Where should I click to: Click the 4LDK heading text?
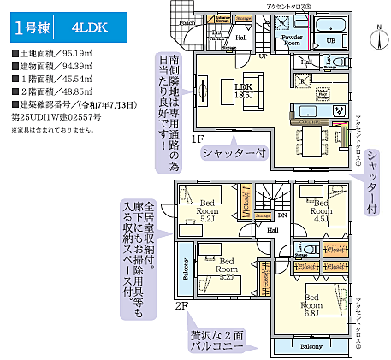point(90,27)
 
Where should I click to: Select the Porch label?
point(188,22)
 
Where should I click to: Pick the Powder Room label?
point(292,39)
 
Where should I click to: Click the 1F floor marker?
point(198,139)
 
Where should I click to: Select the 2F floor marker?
point(181,305)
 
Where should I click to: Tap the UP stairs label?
point(263,56)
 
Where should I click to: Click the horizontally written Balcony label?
point(310,347)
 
